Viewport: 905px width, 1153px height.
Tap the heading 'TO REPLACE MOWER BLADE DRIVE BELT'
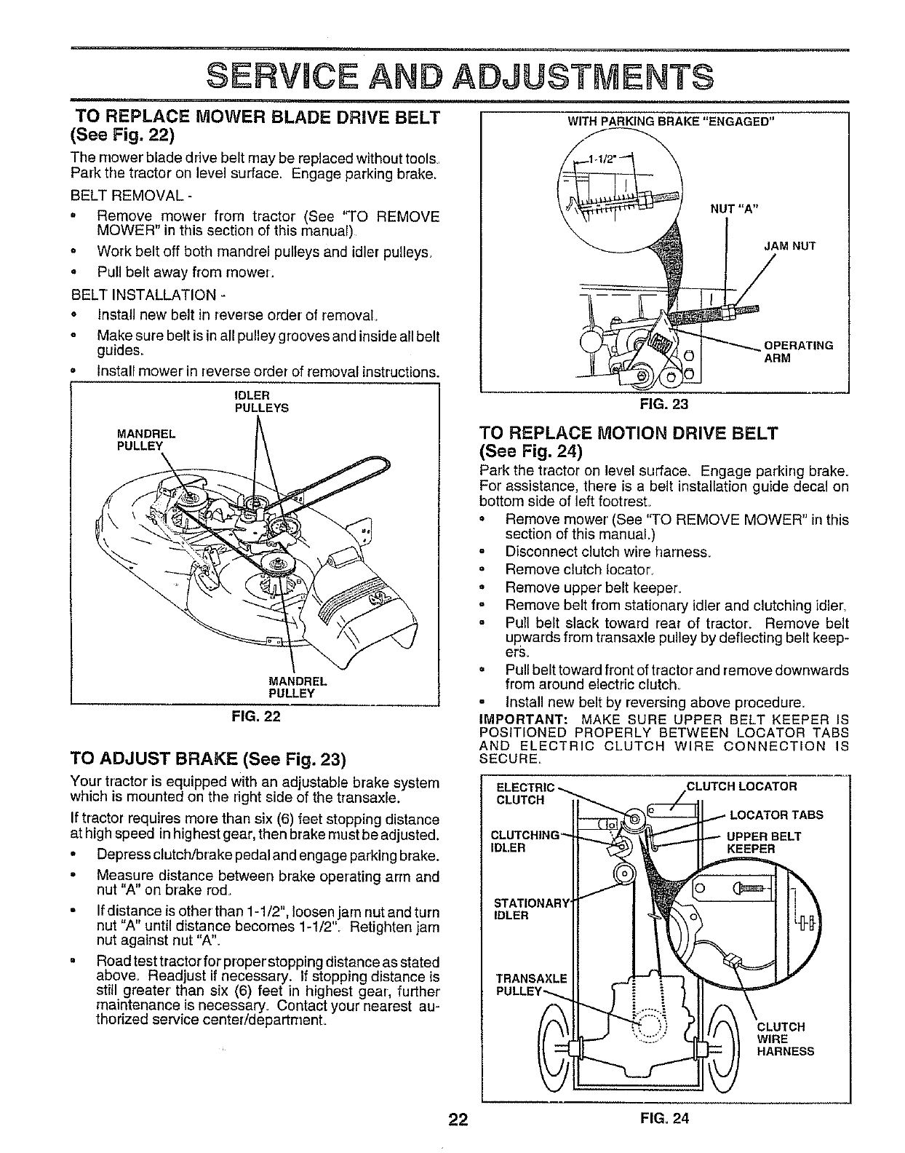[x=258, y=118]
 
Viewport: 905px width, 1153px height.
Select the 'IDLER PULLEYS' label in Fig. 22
[x=261, y=402]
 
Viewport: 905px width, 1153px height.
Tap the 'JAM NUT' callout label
[x=789, y=246]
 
